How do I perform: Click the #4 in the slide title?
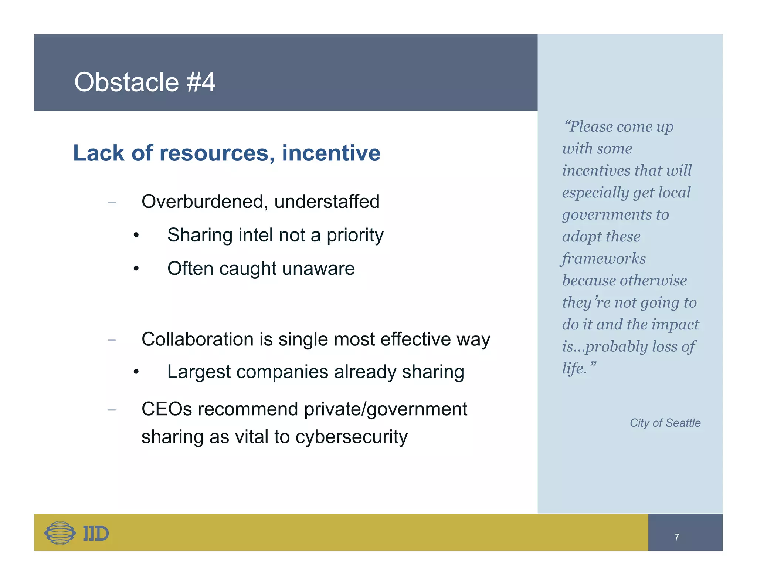(x=201, y=82)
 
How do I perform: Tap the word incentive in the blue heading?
(x=331, y=153)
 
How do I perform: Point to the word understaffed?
(x=327, y=202)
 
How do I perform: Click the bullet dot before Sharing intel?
(x=136, y=235)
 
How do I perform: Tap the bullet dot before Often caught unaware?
(x=136, y=269)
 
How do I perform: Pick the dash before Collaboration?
(x=112, y=339)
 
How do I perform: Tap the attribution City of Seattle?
(x=665, y=423)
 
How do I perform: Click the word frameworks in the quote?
(x=604, y=258)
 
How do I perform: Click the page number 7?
(x=676, y=537)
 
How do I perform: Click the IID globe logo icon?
(x=60, y=533)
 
